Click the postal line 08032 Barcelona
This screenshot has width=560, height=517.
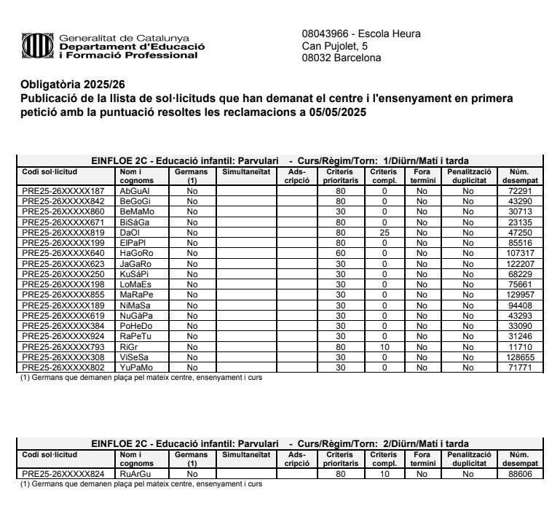point(342,58)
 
